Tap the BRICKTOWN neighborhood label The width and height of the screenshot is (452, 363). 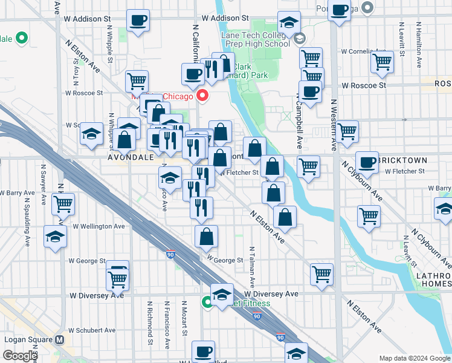pyautogui.click(x=402, y=160)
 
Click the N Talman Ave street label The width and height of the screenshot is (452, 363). pyautogui.click(x=253, y=266)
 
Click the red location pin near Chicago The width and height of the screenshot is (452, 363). pyautogui.click(x=202, y=95)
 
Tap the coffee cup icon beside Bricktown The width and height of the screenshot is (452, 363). pyautogui.click(x=367, y=162)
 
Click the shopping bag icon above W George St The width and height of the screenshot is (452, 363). pyautogui.click(x=206, y=237)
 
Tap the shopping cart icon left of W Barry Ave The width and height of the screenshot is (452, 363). pyautogui.click(x=63, y=204)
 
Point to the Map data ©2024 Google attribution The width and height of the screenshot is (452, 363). pyautogui.click(x=414, y=358)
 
